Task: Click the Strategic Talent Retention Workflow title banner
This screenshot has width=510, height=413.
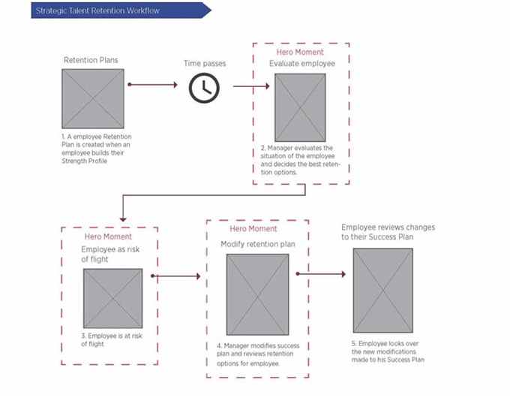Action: pyautogui.click(x=121, y=11)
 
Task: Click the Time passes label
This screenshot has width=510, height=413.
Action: pyautogui.click(x=205, y=64)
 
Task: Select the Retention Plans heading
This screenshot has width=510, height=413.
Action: pyautogui.click(x=91, y=60)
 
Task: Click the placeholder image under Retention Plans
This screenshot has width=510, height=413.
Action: pyautogui.click(x=93, y=98)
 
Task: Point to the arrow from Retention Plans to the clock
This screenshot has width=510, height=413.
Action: pyautogui.click(x=152, y=85)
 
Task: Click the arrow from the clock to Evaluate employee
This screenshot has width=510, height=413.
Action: pyautogui.click(x=251, y=86)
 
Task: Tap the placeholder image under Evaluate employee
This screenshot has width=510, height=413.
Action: pyautogui.click(x=300, y=107)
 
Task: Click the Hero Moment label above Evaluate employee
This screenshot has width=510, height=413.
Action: pyautogui.click(x=300, y=52)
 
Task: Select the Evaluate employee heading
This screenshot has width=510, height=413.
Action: pyautogui.click(x=301, y=64)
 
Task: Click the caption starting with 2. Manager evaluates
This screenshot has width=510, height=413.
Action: pyautogui.click(x=300, y=160)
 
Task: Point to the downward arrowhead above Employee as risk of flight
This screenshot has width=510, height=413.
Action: pyautogui.click(x=123, y=219)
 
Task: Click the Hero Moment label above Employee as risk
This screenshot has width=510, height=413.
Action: pyautogui.click(x=108, y=237)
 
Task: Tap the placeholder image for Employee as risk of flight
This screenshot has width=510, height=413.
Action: pyautogui.click(x=112, y=298)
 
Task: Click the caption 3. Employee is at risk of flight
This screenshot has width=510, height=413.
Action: pyautogui.click(x=112, y=339)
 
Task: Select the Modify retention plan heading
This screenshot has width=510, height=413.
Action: pyautogui.click(x=258, y=244)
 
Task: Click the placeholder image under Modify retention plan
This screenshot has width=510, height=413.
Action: pyautogui.click(x=257, y=294)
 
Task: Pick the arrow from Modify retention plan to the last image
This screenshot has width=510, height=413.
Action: pyautogui.click(x=321, y=274)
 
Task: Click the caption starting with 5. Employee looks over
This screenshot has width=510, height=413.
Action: pyautogui.click(x=388, y=351)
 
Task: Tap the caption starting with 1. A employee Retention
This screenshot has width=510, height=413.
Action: pyautogui.click(x=97, y=149)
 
